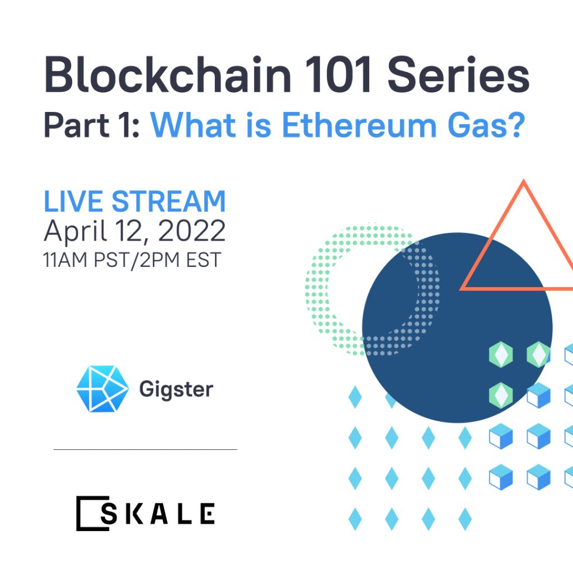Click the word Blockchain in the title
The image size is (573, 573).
(168, 74)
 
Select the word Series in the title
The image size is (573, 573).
(458, 74)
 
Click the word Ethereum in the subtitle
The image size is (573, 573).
(359, 125)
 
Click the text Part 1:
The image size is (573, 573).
(91, 125)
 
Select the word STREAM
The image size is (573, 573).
(169, 201)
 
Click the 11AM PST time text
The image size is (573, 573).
(84, 260)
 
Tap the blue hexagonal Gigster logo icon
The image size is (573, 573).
(103, 389)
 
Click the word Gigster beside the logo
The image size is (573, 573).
(176, 390)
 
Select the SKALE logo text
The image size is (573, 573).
(158, 514)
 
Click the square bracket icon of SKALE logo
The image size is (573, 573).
(93, 513)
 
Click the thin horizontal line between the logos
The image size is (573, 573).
(145, 449)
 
